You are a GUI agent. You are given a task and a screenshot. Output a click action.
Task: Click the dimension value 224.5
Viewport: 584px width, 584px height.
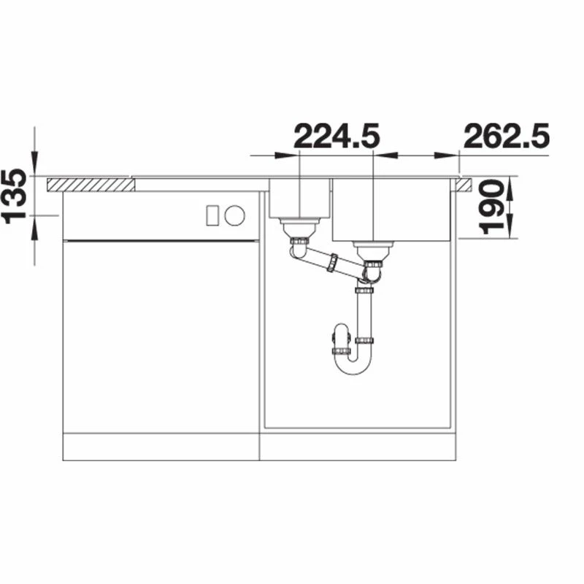pos(336,136)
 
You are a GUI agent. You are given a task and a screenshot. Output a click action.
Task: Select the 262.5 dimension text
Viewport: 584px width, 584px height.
pos(505,136)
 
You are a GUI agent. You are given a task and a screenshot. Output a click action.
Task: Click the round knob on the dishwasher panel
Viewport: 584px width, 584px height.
pos(234,215)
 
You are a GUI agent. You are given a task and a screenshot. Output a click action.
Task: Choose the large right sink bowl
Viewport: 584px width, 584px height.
pos(392,210)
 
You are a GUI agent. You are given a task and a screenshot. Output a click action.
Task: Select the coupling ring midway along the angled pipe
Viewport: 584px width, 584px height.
pos(333,262)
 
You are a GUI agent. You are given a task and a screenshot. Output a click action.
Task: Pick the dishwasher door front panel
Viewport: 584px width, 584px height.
pos(161,336)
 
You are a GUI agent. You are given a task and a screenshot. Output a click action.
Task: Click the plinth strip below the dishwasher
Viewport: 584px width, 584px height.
pos(161,446)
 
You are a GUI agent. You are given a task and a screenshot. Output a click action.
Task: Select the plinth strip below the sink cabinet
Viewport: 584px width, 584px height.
pos(358,446)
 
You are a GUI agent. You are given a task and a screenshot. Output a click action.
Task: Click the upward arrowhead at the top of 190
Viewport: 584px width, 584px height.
pos(510,185)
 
